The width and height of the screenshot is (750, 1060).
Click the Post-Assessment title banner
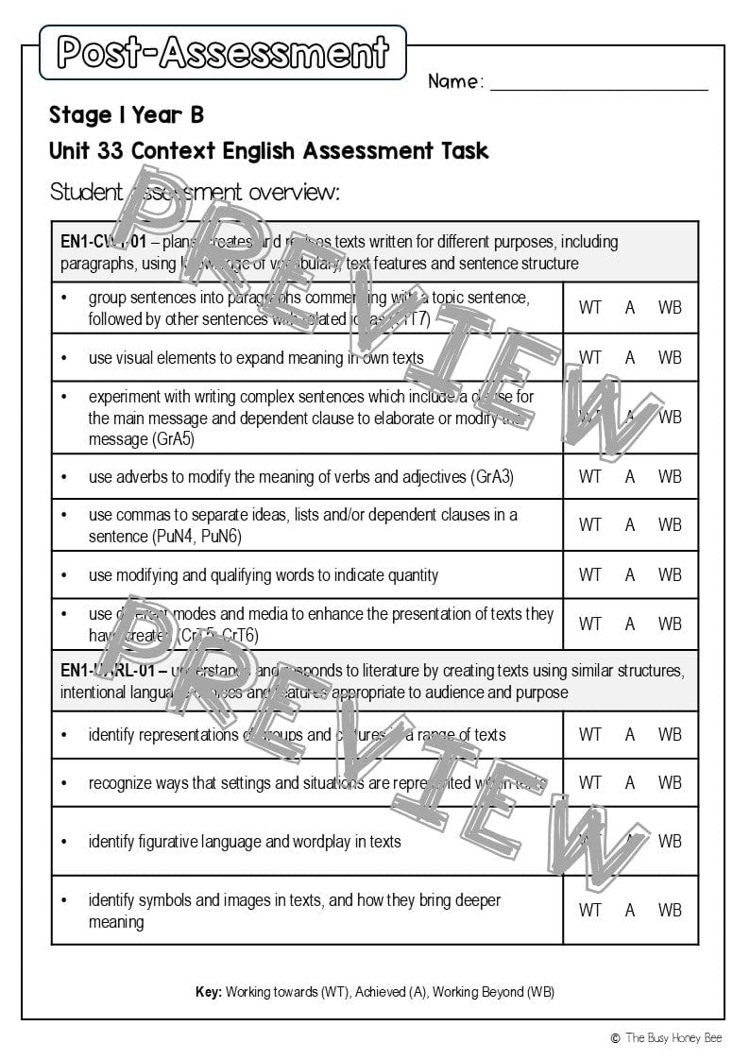tap(223, 52)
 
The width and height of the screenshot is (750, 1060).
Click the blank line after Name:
tap(599, 83)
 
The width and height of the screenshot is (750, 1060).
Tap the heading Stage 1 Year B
tap(127, 115)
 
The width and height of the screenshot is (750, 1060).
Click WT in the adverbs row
tap(589, 477)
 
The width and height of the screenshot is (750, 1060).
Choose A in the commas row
tap(630, 524)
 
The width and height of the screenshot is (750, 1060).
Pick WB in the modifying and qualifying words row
tap(670, 574)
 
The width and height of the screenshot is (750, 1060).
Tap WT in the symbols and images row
tap(589, 910)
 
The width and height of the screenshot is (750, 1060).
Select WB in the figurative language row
tap(670, 841)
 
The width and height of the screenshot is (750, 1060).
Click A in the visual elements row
tap(630, 357)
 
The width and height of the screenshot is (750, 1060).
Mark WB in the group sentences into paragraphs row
tap(670, 307)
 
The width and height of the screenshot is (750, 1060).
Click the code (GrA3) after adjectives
tap(492, 477)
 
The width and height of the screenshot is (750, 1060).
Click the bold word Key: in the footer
tap(209, 992)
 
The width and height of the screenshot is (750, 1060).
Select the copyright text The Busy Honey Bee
tap(673, 1037)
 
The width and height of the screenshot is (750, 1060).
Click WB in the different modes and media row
tap(670, 624)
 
